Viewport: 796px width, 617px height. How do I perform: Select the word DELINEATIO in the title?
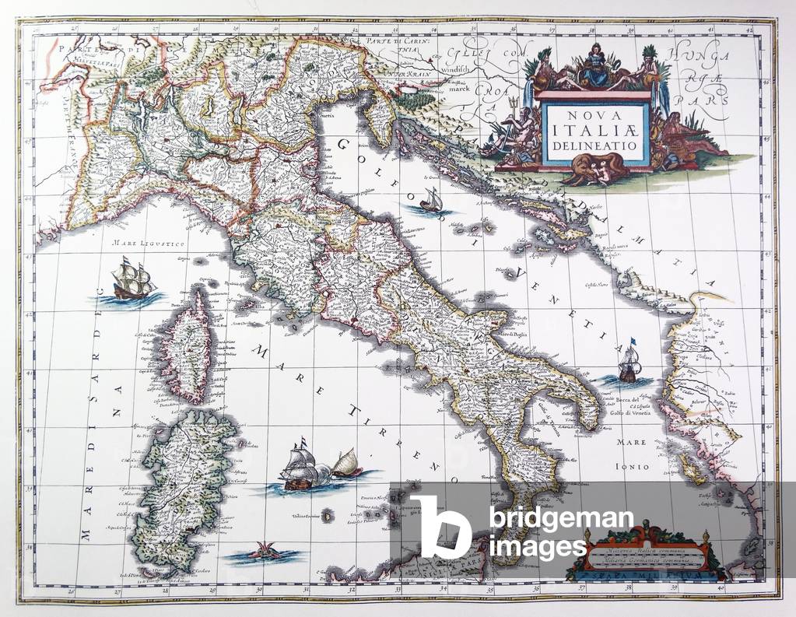click(x=596, y=145)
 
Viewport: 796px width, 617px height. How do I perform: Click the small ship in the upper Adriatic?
click(x=430, y=201)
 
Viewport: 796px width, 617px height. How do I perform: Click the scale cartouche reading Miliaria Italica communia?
click(x=649, y=553)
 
